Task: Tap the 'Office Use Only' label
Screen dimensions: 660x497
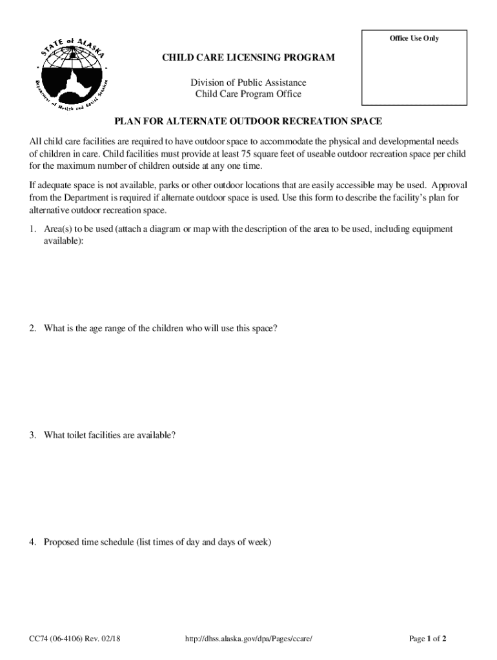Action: tap(414, 39)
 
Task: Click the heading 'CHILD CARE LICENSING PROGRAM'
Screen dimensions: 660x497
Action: tap(249, 58)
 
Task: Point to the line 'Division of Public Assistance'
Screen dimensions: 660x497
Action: tap(249, 82)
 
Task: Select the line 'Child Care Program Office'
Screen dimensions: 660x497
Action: tap(249, 94)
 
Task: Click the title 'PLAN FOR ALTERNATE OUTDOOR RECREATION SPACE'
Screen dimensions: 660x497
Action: tap(249, 121)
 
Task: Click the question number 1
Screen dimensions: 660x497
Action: tap(32, 229)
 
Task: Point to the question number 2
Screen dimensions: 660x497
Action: tap(32, 328)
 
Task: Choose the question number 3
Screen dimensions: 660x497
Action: tap(32, 435)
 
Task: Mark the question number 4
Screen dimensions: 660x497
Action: tap(32, 542)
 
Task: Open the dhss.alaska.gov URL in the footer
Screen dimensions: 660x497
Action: tap(249, 639)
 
